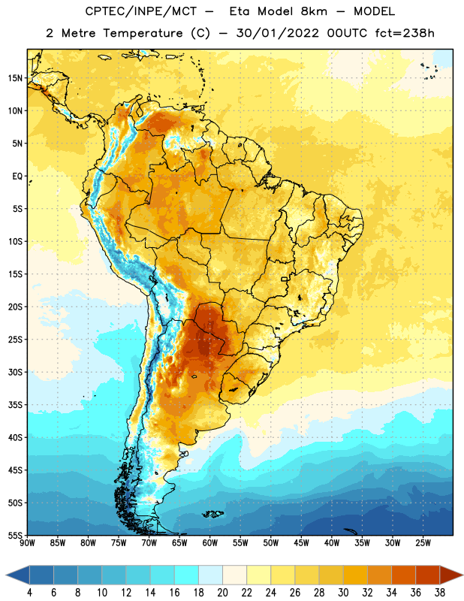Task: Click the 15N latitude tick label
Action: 15,78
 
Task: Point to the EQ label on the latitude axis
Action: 17,177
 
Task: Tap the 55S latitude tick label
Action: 15,536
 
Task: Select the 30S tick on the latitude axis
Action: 15,372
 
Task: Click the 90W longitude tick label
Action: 27,543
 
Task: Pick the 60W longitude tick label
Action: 210,543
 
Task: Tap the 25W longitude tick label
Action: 423,543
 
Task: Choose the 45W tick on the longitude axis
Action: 302,543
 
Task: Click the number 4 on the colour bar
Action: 29,593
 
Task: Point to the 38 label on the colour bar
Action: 440,593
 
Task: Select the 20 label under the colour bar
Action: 222,593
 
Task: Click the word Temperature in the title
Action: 143,33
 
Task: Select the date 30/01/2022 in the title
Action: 277,33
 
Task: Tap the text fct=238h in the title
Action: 405,33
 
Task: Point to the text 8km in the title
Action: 314,11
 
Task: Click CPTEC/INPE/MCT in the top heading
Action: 141,11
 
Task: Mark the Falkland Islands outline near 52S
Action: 212,514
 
